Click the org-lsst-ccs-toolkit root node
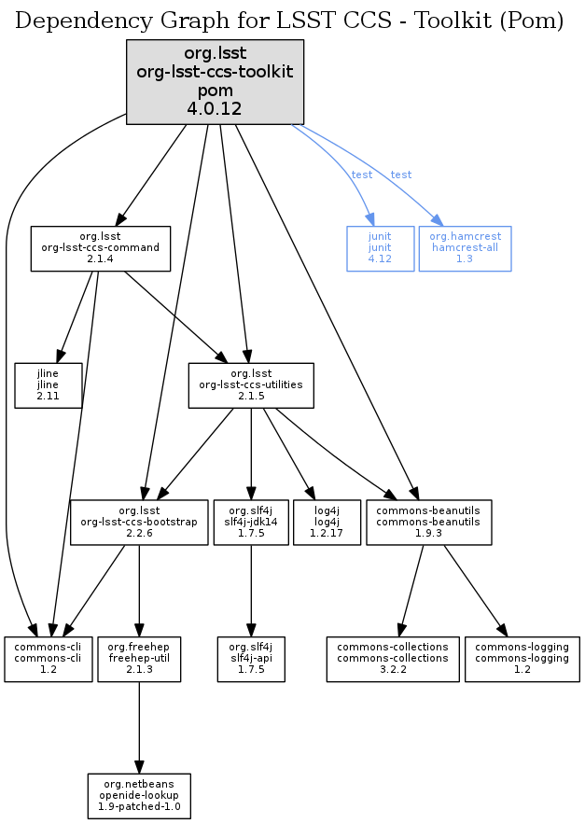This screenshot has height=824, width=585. (x=216, y=82)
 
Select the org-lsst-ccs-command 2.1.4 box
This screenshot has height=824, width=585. (x=101, y=248)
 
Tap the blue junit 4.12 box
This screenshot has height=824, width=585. (x=381, y=248)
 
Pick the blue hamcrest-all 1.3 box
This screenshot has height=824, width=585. (x=465, y=248)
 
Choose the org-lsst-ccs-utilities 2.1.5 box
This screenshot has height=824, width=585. (x=251, y=384)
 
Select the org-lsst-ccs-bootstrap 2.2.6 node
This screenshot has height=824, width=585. (x=139, y=523)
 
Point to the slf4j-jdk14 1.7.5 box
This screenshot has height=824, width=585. (x=250, y=523)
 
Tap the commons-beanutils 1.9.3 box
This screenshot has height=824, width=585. (x=428, y=523)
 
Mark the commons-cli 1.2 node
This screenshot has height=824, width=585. (x=49, y=659)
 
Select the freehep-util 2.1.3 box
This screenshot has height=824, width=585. (x=139, y=659)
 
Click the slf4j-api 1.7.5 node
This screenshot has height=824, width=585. (x=250, y=659)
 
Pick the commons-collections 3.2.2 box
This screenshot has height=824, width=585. (x=393, y=659)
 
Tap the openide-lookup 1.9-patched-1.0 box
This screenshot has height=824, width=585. (x=139, y=796)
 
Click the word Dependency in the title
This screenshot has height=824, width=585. (x=70, y=21)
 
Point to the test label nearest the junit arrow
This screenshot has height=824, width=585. (x=361, y=175)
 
